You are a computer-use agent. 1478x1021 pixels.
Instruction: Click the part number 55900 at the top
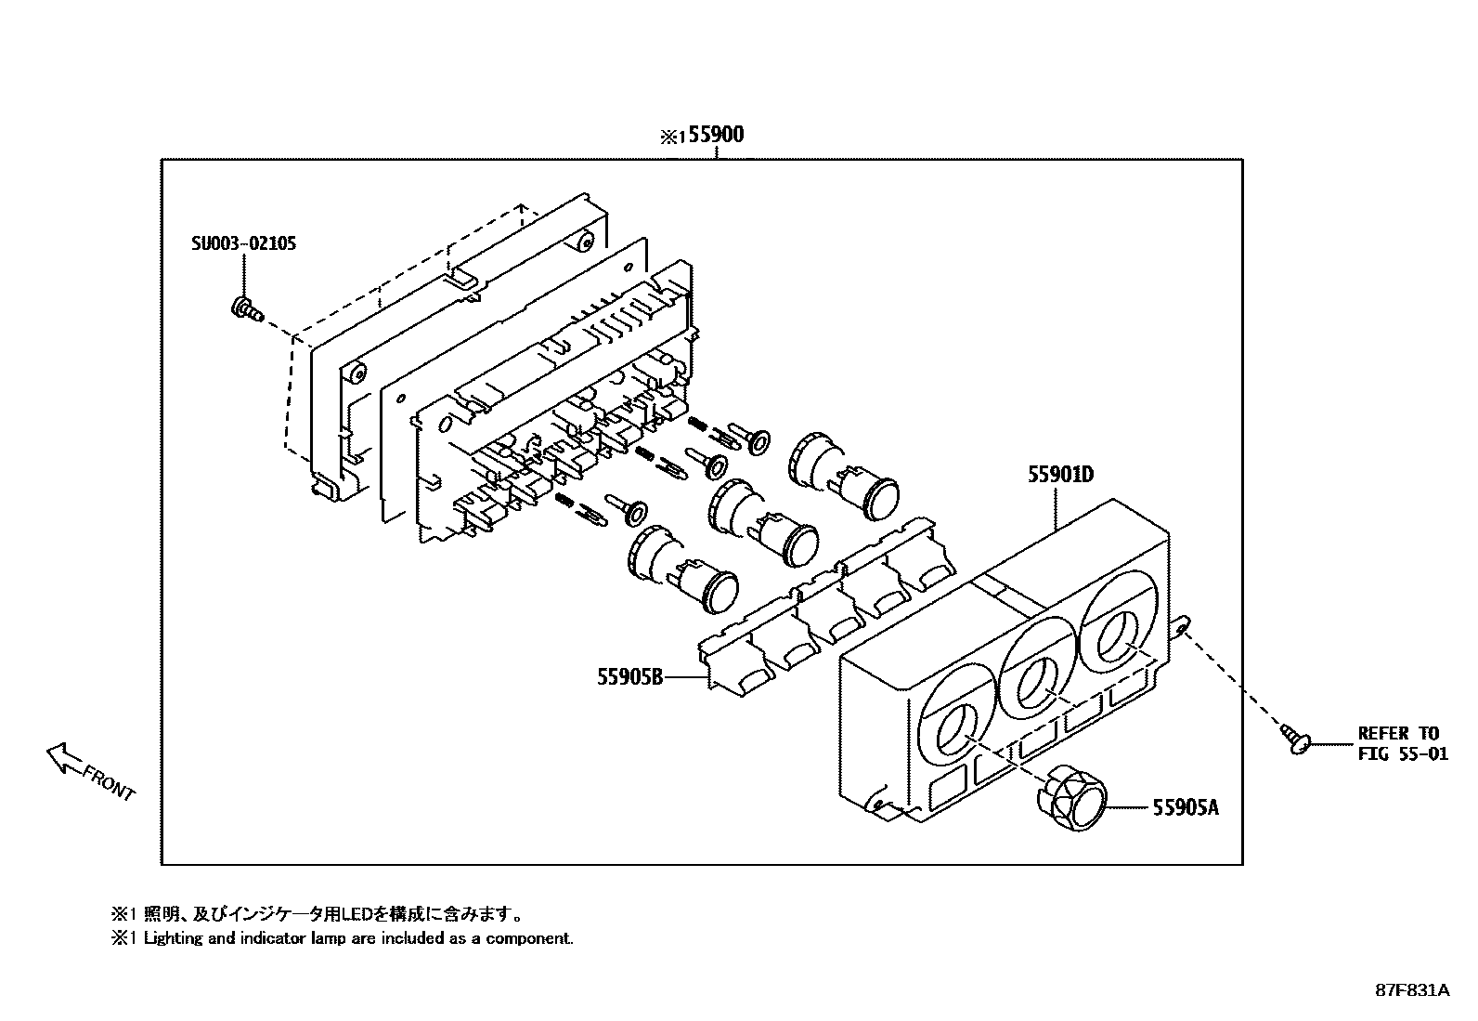pos(717,136)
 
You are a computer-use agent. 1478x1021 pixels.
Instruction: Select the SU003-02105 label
pos(244,244)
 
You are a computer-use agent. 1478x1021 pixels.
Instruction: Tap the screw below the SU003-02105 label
pos(244,308)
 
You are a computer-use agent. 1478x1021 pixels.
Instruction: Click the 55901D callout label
pos(1059,475)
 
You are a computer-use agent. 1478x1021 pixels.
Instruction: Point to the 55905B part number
pos(629,677)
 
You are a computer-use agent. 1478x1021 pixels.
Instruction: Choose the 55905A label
pos(1186,807)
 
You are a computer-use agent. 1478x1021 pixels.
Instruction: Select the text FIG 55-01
pos(1402,754)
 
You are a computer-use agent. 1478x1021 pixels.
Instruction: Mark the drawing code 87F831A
pos(1412,990)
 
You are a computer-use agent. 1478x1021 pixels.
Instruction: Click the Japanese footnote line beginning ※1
pos(321,914)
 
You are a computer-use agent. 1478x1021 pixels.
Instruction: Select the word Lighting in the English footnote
pos(172,938)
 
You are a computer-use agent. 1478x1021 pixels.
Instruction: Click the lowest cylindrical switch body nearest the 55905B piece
pos(682,569)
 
